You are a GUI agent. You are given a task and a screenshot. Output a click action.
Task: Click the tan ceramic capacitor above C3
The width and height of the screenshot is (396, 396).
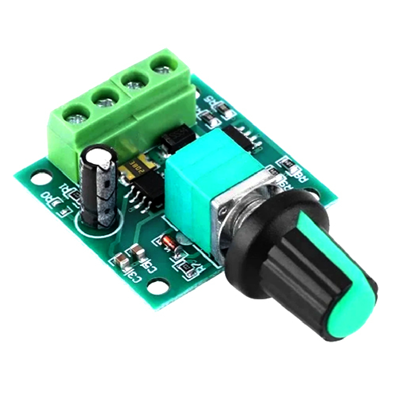tap(120, 259)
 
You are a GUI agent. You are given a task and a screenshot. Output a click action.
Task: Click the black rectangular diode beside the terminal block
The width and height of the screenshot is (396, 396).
tap(178, 139)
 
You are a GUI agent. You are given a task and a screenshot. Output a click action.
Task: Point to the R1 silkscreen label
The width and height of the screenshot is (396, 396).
tap(66, 190)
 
